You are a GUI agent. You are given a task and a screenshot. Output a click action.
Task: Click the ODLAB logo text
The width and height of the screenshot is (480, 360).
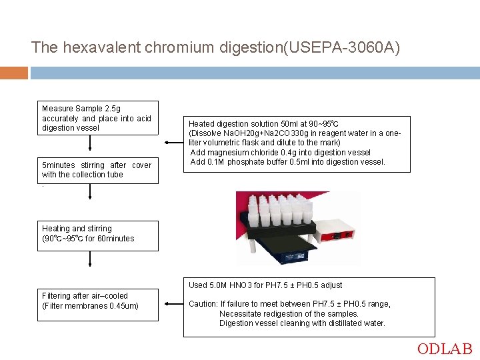[445, 349]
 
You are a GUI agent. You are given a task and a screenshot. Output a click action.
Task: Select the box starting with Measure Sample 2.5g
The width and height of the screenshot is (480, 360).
[98, 118]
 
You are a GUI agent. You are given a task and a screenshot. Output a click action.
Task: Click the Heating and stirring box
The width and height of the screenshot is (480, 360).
[98, 235]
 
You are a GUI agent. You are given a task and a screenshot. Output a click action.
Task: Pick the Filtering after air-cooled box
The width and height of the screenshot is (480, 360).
[98, 302]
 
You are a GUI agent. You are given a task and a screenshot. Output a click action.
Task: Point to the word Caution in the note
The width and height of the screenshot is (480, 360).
[203, 304]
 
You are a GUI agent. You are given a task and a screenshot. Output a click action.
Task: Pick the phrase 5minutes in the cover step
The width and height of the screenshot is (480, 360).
[59, 165]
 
